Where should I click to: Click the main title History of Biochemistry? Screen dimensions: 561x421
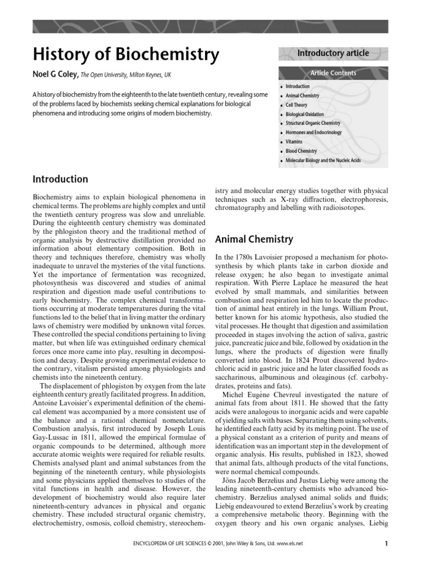(x=126, y=55)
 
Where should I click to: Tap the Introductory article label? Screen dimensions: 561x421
(x=333, y=53)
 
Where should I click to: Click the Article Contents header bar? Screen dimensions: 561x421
(x=333, y=73)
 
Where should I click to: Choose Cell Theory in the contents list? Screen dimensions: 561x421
(x=297, y=105)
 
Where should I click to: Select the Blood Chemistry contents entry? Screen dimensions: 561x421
(x=301, y=151)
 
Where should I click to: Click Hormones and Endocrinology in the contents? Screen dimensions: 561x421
(x=313, y=133)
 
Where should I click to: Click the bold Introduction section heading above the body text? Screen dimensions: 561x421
(x=60, y=179)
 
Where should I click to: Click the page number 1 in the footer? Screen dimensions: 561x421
(x=386, y=544)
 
